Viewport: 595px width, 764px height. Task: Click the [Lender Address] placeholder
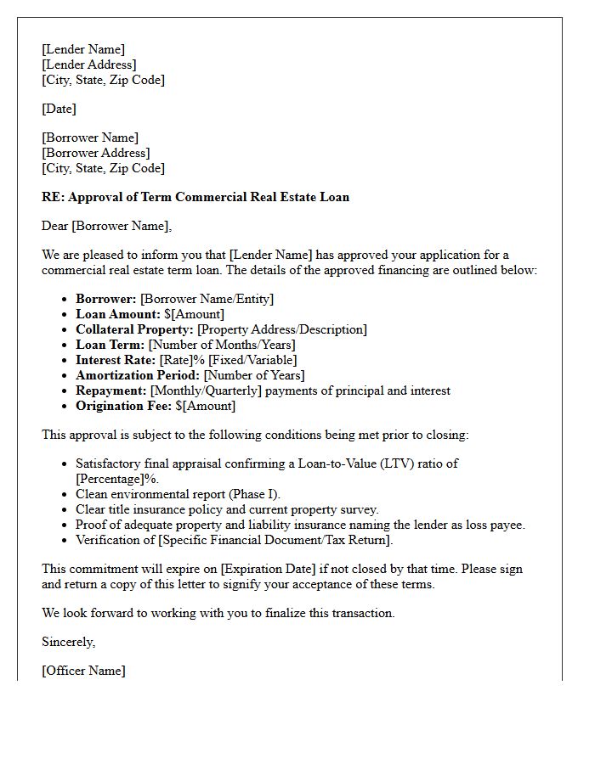tap(88, 65)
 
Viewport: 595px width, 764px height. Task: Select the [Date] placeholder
tap(59, 109)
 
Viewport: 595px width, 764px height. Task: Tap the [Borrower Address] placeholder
tap(95, 153)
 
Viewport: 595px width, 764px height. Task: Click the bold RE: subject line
tap(195, 197)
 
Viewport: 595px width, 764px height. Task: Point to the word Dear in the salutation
tap(55, 226)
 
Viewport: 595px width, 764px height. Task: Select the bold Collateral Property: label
tap(134, 329)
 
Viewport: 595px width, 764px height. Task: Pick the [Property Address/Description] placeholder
tap(281, 329)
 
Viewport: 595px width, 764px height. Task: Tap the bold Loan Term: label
tap(110, 345)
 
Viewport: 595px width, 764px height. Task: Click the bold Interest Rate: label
tap(116, 360)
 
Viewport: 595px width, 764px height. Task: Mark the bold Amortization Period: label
tap(138, 375)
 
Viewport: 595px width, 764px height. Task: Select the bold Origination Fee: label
tap(123, 406)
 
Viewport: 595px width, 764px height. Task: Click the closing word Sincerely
tap(68, 642)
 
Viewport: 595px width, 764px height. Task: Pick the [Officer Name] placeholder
tap(83, 671)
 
